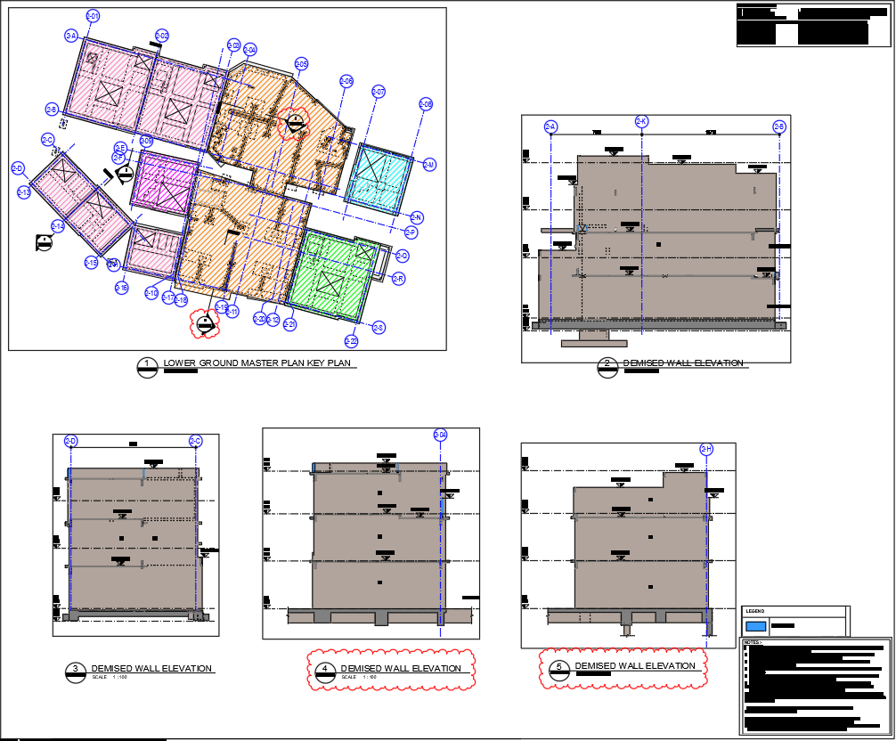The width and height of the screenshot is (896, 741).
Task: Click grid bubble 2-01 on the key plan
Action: tap(93, 16)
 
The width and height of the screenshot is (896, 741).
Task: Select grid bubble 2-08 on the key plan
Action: tap(426, 104)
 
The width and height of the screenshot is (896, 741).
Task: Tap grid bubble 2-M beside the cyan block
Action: tap(429, 165)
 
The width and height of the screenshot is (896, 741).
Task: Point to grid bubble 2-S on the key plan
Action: tap(379, 328)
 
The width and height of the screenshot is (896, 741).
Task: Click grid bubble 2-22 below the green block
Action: tap(351, 341)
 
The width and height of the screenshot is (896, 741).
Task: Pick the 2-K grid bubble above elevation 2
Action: tap(641, 121)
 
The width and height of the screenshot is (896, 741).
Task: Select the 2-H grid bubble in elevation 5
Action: tap(706, 450)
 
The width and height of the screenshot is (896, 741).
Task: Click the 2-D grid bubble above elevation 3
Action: tap(71, 441)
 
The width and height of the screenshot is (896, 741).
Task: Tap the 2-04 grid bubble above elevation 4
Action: tap(440, 435)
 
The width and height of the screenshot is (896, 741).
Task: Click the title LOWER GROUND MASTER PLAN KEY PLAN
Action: tap(257, 363)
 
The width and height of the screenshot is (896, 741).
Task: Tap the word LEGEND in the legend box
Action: tap(754, 611)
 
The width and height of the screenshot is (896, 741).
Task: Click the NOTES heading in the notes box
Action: tap(753, 641)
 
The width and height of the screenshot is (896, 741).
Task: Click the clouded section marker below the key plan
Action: tap(206, 325)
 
